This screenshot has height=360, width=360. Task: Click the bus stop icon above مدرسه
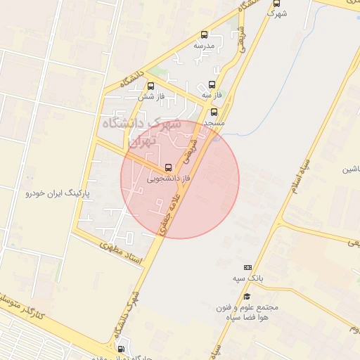click(x=205, y=34)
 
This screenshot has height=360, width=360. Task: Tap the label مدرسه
click(x=204, y=46)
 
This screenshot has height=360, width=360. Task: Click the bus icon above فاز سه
click(x=212, y=84)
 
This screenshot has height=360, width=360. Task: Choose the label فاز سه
click(x=211, y=94)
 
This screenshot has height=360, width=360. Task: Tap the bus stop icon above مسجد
click(x=214, y=112)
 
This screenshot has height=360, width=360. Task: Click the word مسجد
click(x=213, y=122)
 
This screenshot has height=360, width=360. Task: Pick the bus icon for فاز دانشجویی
click(x=167, y=168)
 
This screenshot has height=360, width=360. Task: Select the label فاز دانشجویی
click(x=168, y=179)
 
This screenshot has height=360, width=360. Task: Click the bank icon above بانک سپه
click(x=247, y=267)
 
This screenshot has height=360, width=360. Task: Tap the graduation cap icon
click(x=247, y=297)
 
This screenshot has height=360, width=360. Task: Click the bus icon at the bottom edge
click(x=121, y=349)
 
